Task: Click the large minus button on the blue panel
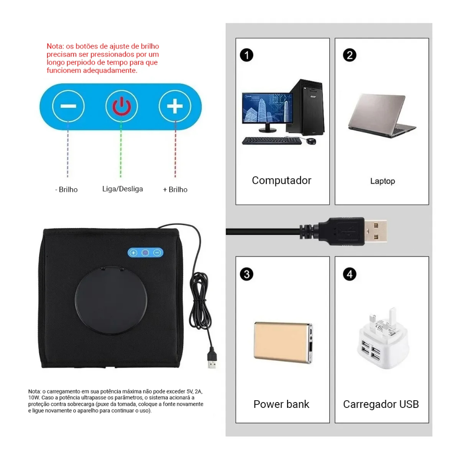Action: [68, 106]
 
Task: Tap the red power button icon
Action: [122, 106]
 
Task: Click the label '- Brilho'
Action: [66, 190]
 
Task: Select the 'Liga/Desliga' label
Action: [123, 189]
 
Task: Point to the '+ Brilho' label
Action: [175, 190]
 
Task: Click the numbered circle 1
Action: [247, 55]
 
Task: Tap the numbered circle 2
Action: [349, 55]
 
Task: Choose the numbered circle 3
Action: [247, 274]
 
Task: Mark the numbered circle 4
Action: [349, 274]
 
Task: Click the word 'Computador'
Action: [282, 181]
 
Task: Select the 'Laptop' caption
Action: [383, 181]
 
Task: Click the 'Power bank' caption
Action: [281, 404]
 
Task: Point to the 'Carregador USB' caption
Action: [381, 404]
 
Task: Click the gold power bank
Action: [283, 342]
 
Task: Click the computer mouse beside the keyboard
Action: [311, 141]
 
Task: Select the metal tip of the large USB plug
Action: [376, 231]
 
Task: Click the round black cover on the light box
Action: [111, 301]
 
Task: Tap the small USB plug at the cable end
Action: [212, 359]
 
